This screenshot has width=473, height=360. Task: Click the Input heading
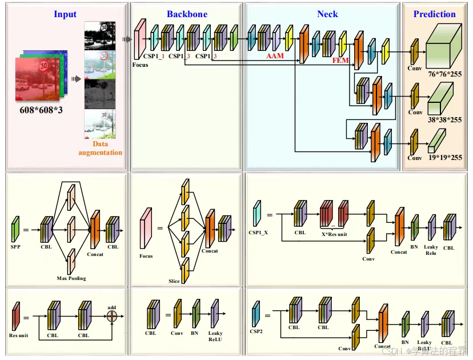[x=65, y=14]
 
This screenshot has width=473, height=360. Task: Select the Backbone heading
[x=187, y=14]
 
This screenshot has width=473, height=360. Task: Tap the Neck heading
[x=327, y=14]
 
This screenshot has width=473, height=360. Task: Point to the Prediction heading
[x=434, y=14]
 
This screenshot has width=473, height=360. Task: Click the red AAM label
[x=275, y=57]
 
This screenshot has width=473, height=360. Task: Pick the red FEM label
[x=341, y=59]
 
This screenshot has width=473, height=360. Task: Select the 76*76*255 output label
[x=445, y=75]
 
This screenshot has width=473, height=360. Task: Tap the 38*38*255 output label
[x=445, y=119]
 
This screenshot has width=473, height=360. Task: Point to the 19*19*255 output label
[x=445, y=157]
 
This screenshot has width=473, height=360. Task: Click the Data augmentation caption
[x=100, y=149]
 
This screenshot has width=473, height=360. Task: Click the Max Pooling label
[x=71, y=278]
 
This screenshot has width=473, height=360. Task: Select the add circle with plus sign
[x=112, y=315]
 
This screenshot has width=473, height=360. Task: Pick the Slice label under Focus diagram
[x=174, y=281]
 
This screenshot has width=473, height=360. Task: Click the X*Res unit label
[x=334, y=233]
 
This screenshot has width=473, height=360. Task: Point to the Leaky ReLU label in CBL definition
[x=215, y=336]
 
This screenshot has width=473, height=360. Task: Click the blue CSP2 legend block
[x=256, y=315]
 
